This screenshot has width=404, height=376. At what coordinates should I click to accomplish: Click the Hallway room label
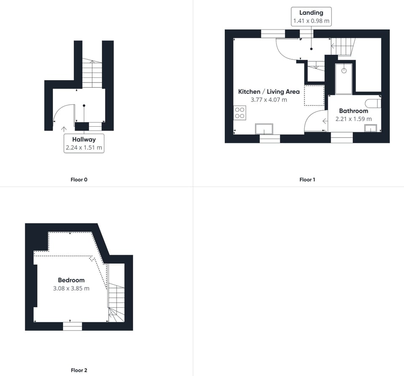pos(84,139)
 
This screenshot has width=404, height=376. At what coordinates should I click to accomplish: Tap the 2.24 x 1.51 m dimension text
pos(84,148)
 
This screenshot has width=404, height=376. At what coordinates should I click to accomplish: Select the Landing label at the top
pos(311,13)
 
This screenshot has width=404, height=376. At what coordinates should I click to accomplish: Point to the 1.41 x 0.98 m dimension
pos(311,21)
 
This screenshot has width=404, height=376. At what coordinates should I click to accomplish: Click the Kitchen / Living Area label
pos(269,91)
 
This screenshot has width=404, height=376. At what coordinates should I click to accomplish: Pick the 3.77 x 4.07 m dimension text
pos(269,100)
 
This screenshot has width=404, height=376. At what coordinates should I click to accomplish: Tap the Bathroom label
pos(353,111)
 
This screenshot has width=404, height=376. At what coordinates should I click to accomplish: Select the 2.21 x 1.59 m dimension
pos(353,119)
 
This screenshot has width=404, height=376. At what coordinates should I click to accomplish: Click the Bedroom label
pos(71,280)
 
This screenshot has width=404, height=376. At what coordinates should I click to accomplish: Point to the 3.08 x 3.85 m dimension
pos(71,288)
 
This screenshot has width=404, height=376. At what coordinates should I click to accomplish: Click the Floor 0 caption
pos(79,179)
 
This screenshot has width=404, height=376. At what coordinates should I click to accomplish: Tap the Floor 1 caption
pos(307,179)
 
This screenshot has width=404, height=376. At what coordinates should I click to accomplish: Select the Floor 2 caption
pos(79,370)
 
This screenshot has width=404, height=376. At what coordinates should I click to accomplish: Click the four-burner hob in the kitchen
pos(240,113)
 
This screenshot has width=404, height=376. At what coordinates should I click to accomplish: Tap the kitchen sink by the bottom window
pos(264,129)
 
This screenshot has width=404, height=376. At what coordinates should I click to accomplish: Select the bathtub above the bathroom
pos(344,79)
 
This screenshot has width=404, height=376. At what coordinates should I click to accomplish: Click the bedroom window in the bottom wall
pos(72,326)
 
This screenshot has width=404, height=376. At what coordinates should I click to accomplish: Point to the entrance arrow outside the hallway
pos(64,129)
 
